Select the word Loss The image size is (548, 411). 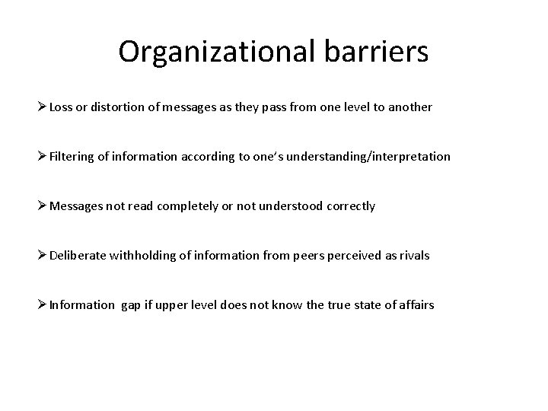(x=62, y=107)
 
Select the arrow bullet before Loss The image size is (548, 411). (x=42, y=107)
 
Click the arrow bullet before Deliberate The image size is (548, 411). (x=42, y=256)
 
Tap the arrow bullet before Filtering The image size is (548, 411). (x=42, y=157)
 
